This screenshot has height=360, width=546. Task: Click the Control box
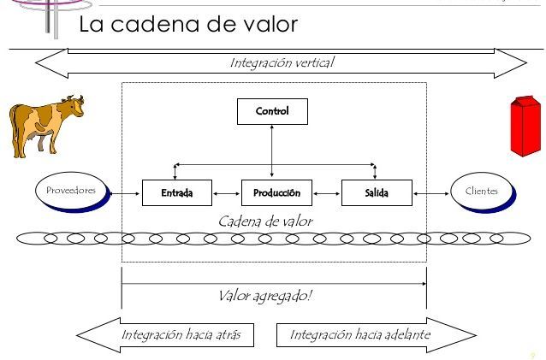point(271,111)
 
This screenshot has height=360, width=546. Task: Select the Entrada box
point(177,192)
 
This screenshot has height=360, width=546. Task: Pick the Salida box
point(376,192)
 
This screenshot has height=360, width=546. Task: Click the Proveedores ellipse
point(72,191)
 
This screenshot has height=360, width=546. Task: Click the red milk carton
point(525,127)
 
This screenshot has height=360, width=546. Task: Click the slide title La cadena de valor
point(188,25)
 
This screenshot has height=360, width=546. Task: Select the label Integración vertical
point(282,62)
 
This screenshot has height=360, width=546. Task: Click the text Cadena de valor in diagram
point(265,221)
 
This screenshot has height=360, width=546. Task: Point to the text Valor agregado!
point(265,296)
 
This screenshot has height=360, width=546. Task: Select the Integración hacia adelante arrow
point(368,334)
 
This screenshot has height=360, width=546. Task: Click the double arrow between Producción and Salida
point(326,192)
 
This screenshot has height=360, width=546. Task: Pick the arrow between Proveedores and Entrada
point(127,192)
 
